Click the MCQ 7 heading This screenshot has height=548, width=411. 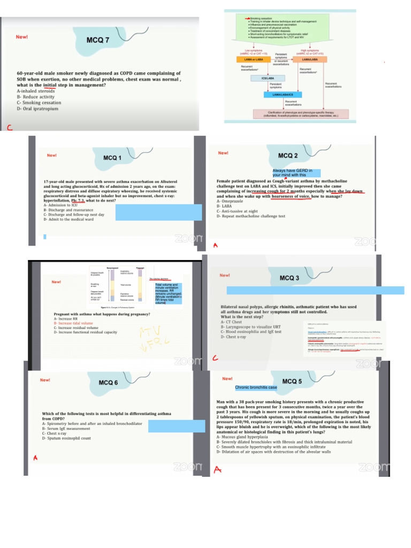tap(98, 40)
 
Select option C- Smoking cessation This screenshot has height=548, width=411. tap(39, 103)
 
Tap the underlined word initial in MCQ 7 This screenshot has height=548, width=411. tap(50, 85)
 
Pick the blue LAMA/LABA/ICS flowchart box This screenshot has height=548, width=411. tap(283, 95)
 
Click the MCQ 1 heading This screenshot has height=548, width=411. tap(112, 158)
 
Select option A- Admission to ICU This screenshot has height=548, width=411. tap(60, 205)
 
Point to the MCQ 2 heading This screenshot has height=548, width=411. tap(288, 156)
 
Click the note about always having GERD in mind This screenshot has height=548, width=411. tap(296, 172)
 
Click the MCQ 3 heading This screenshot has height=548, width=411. tap(290, 278)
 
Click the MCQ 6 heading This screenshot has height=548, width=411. tap(109, 383)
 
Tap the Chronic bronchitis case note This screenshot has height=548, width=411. tap(256, 387)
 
